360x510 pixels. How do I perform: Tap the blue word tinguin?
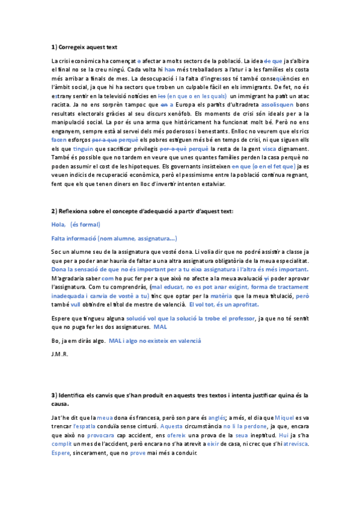[84, 147]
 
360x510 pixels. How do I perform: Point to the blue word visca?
[270, 147]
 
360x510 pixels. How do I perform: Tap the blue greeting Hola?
[58, 224]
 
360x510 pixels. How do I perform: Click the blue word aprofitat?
[244, 304]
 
